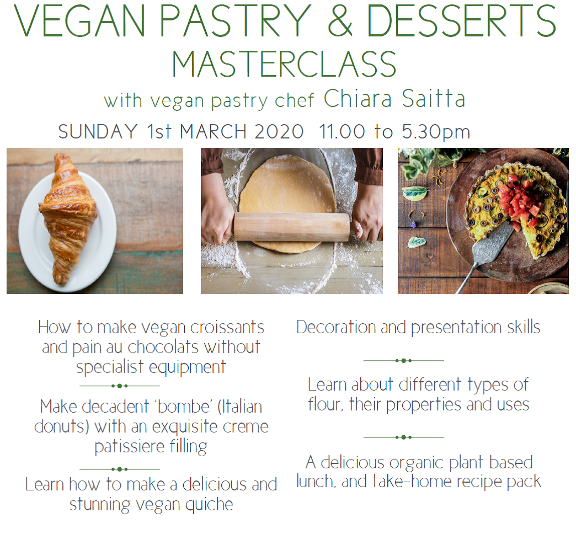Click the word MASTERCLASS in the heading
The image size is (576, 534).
point(284,64)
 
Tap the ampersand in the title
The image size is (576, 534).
point(340,20)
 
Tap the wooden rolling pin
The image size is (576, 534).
point(292,227)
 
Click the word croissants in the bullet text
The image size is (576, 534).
point(227,327)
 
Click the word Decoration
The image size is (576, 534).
point(336,327)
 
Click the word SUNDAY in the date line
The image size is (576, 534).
point(98,131)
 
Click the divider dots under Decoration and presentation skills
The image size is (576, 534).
point(403,361)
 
